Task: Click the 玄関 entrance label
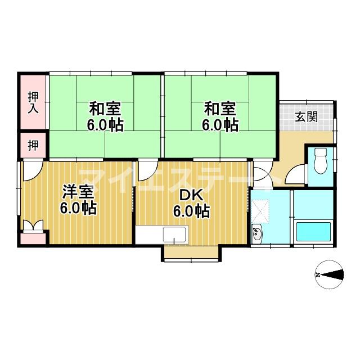pos(307,117)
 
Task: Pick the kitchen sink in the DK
pos(175,235)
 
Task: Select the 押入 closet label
pos(33,103)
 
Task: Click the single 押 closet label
pos(33,145)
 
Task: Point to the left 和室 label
pos(105,107)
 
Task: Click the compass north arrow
pos(332,274)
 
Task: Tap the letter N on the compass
pos(317,275)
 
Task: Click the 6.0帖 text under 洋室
pos(79,209)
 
